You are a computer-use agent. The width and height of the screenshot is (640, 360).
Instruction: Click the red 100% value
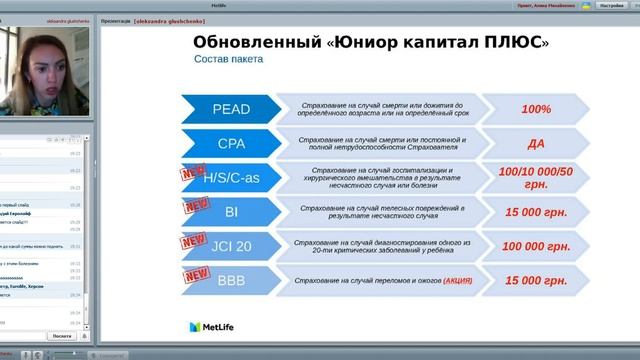[537, 108]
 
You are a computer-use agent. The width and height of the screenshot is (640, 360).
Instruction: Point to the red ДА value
[537, 143]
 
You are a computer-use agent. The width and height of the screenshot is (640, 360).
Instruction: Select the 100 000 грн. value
[537, 246]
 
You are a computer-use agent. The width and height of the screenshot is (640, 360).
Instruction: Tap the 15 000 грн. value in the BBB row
[537, 280]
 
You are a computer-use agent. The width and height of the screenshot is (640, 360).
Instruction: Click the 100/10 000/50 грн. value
[537, 178]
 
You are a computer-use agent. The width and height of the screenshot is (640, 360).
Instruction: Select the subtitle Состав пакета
[229, 59]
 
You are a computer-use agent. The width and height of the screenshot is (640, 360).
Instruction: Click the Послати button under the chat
[61, 337]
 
